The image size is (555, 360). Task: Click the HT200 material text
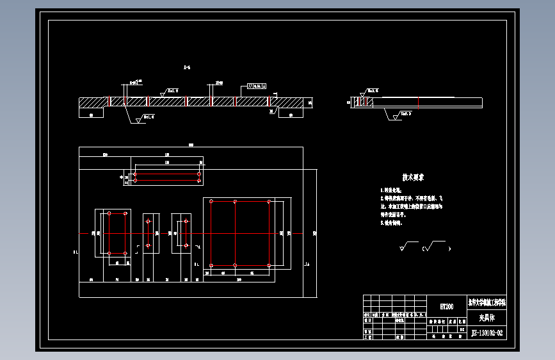coord(446,307)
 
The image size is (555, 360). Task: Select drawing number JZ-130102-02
coord(487,333)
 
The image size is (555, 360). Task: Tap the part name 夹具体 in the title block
coord(487,318)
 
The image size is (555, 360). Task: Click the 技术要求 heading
coord(413,177)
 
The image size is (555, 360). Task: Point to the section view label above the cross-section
coord(187,67)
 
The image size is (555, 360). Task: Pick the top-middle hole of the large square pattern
coord(236,202)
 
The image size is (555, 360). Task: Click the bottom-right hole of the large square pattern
coord(269,265)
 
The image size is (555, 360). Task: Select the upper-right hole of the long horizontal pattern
coord(200,173)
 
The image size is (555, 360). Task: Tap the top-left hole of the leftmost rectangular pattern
coord(109,213)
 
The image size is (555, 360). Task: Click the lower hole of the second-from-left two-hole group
coord(148,245)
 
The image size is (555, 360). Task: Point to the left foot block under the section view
coord(92,113)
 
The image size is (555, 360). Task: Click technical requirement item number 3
coord(382,224)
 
